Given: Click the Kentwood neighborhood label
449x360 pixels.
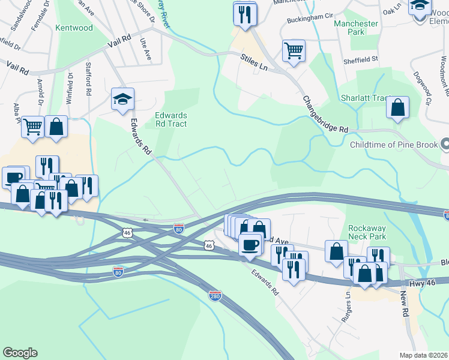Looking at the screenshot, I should click(x=74, y=28).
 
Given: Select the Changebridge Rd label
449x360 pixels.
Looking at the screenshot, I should click(x=325, y=114).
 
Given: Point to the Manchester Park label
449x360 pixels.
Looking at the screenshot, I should click(x=356, y=27).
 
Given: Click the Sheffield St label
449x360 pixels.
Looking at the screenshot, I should click(x=360, y=59).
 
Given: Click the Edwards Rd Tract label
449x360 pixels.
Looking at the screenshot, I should click(x=171, y=119).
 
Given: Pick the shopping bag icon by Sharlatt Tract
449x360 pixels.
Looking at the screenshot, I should click(x=397, y=108).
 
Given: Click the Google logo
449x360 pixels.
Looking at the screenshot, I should click(x=20, y=353).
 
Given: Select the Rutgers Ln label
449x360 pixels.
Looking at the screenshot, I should click(x=346, y=308).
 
